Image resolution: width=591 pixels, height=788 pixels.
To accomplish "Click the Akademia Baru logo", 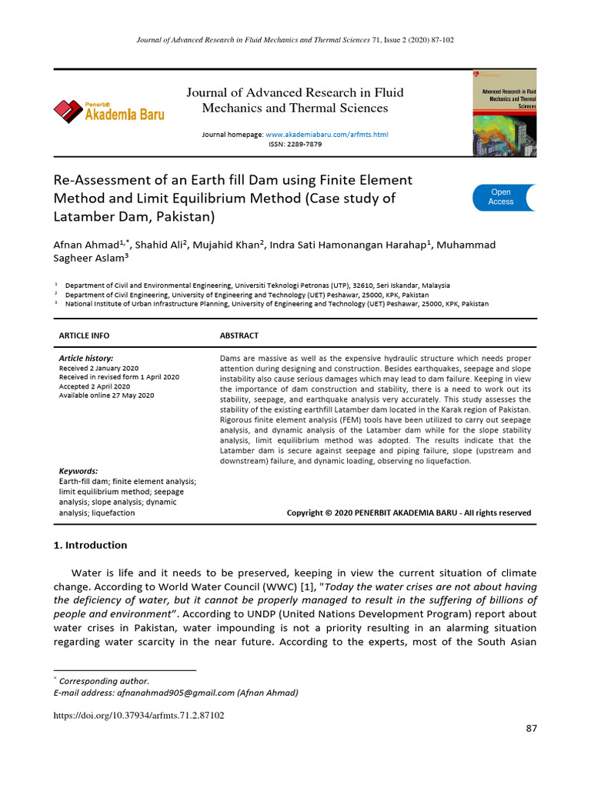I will tap(109, 112).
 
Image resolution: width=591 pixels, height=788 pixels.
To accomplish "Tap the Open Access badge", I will tap(502, 197).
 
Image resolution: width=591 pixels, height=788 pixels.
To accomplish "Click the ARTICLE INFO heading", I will tap(84, 336).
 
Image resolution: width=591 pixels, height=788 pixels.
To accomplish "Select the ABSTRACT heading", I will tap(239, 336).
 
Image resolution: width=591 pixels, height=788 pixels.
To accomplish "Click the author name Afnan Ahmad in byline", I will tap(85, 245).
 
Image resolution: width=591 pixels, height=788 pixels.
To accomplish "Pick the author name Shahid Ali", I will tap(160, 245).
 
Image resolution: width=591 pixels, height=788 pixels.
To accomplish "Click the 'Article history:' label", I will tap(86, 359).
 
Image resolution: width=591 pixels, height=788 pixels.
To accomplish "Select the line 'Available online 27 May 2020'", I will tap(106, 396).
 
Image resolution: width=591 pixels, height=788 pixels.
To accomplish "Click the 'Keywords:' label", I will tap(78, 471).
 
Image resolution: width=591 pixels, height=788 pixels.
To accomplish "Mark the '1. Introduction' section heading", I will tap(90, 545).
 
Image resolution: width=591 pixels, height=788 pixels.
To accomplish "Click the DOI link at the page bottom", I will tap(139, 716).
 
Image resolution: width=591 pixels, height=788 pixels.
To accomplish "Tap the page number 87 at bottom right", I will tap(531, 729).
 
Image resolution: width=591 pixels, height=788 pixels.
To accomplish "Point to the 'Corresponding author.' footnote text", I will tap(104, 681).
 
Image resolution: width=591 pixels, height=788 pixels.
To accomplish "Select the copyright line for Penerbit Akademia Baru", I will tap(409, 513).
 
